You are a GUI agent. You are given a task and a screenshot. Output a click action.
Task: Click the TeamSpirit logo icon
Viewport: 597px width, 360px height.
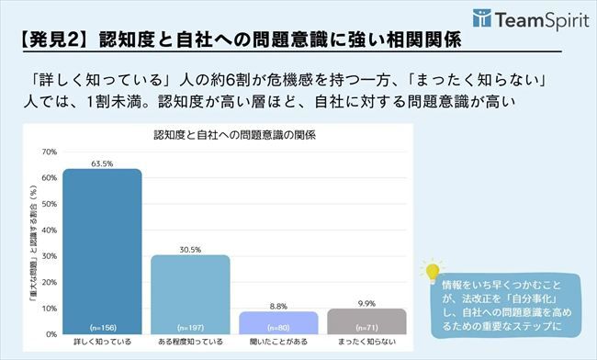point(482,18)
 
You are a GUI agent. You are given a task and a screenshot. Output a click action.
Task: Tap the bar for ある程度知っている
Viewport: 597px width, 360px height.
point(190,294)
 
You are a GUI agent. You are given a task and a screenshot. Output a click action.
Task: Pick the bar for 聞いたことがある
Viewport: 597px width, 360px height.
point(278,322)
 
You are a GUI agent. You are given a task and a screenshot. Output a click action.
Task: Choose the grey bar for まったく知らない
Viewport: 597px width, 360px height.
point(366,321)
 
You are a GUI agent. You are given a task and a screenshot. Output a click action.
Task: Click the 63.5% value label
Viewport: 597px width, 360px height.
point(102,163)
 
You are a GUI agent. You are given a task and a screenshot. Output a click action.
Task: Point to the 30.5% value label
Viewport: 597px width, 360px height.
point(190,249)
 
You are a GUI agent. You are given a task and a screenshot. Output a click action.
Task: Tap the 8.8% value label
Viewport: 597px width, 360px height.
point(278,305)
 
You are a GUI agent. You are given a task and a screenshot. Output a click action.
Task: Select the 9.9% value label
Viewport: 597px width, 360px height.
point(366,302)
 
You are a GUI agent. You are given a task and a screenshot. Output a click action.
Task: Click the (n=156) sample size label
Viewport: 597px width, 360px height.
point(102,327)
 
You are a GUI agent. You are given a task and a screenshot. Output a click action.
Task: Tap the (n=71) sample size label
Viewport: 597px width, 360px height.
point(366,327)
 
